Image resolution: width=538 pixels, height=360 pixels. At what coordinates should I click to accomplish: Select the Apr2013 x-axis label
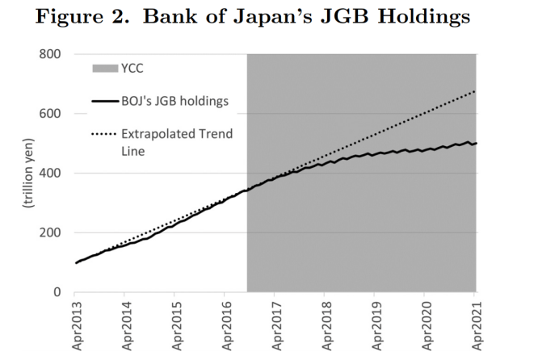[x=76, y=326]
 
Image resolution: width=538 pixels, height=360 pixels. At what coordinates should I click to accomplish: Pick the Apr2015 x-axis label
[x=176, y=326]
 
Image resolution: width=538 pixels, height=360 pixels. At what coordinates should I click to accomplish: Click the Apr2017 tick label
[x=275, y=326]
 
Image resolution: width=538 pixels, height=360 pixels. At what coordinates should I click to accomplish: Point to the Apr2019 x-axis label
[x=376, y=326]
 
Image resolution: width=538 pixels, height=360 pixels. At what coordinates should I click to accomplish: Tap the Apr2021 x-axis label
[x=476, y=326]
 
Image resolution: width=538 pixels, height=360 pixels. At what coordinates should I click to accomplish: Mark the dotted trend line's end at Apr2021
[x=476, y=91]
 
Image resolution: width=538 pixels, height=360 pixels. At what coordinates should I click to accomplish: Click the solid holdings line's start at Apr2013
[x=76, y=262]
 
